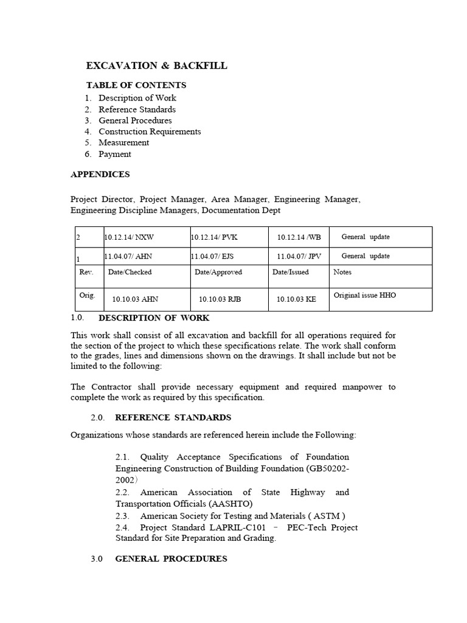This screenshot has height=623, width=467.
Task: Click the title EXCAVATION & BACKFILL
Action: click(x=157, y=66)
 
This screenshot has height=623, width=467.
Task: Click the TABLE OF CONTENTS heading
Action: click(x=136, y=85)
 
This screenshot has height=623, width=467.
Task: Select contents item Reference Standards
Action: click(x=137, y=110)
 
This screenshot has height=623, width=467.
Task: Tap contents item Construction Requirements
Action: click(x=150, y=131)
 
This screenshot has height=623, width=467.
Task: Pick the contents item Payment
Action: click(x=115, y=154)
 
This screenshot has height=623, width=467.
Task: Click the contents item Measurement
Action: click(x=123, y=142)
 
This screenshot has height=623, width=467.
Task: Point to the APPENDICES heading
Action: click(x=100, y=174)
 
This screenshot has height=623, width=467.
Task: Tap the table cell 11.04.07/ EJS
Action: click(x=212, y=257)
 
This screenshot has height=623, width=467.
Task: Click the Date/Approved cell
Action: click(x=218, y=272)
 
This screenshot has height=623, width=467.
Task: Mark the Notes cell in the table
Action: click(x=343, y=272)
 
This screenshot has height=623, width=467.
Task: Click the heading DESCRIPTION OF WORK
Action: click(x=154, y=318)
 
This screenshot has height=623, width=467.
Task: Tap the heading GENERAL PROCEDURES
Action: click(x=171, y=559)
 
